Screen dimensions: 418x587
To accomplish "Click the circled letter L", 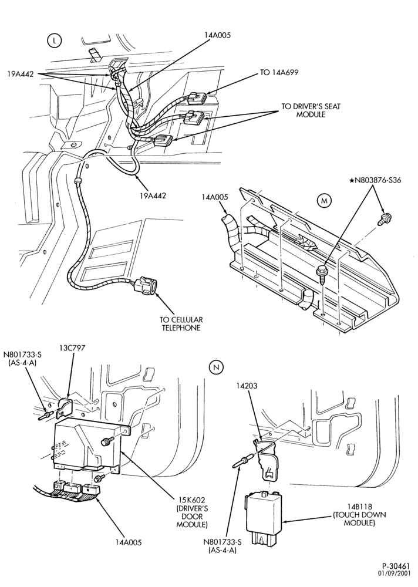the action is (x=55, y=41).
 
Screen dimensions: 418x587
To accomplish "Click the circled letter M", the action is (x=325, y=201).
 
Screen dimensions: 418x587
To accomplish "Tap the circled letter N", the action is (x=215, y=368).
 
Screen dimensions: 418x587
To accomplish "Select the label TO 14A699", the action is (x=279, y=72).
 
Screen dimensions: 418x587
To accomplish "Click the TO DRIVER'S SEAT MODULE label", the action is (x=311, y=110).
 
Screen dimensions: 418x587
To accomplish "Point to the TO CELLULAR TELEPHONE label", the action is (x=181, y=324).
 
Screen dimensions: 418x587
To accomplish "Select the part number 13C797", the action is (x=72, y=348).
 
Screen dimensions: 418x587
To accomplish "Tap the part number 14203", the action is (x=247, y=385).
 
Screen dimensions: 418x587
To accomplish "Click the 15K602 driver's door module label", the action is (x=191, y=512).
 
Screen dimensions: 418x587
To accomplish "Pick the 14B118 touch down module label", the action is (x=359, y=514).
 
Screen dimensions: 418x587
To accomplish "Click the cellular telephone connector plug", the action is (x=145, y=285).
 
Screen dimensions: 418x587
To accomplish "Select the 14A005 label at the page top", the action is (x=217, y=35).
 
